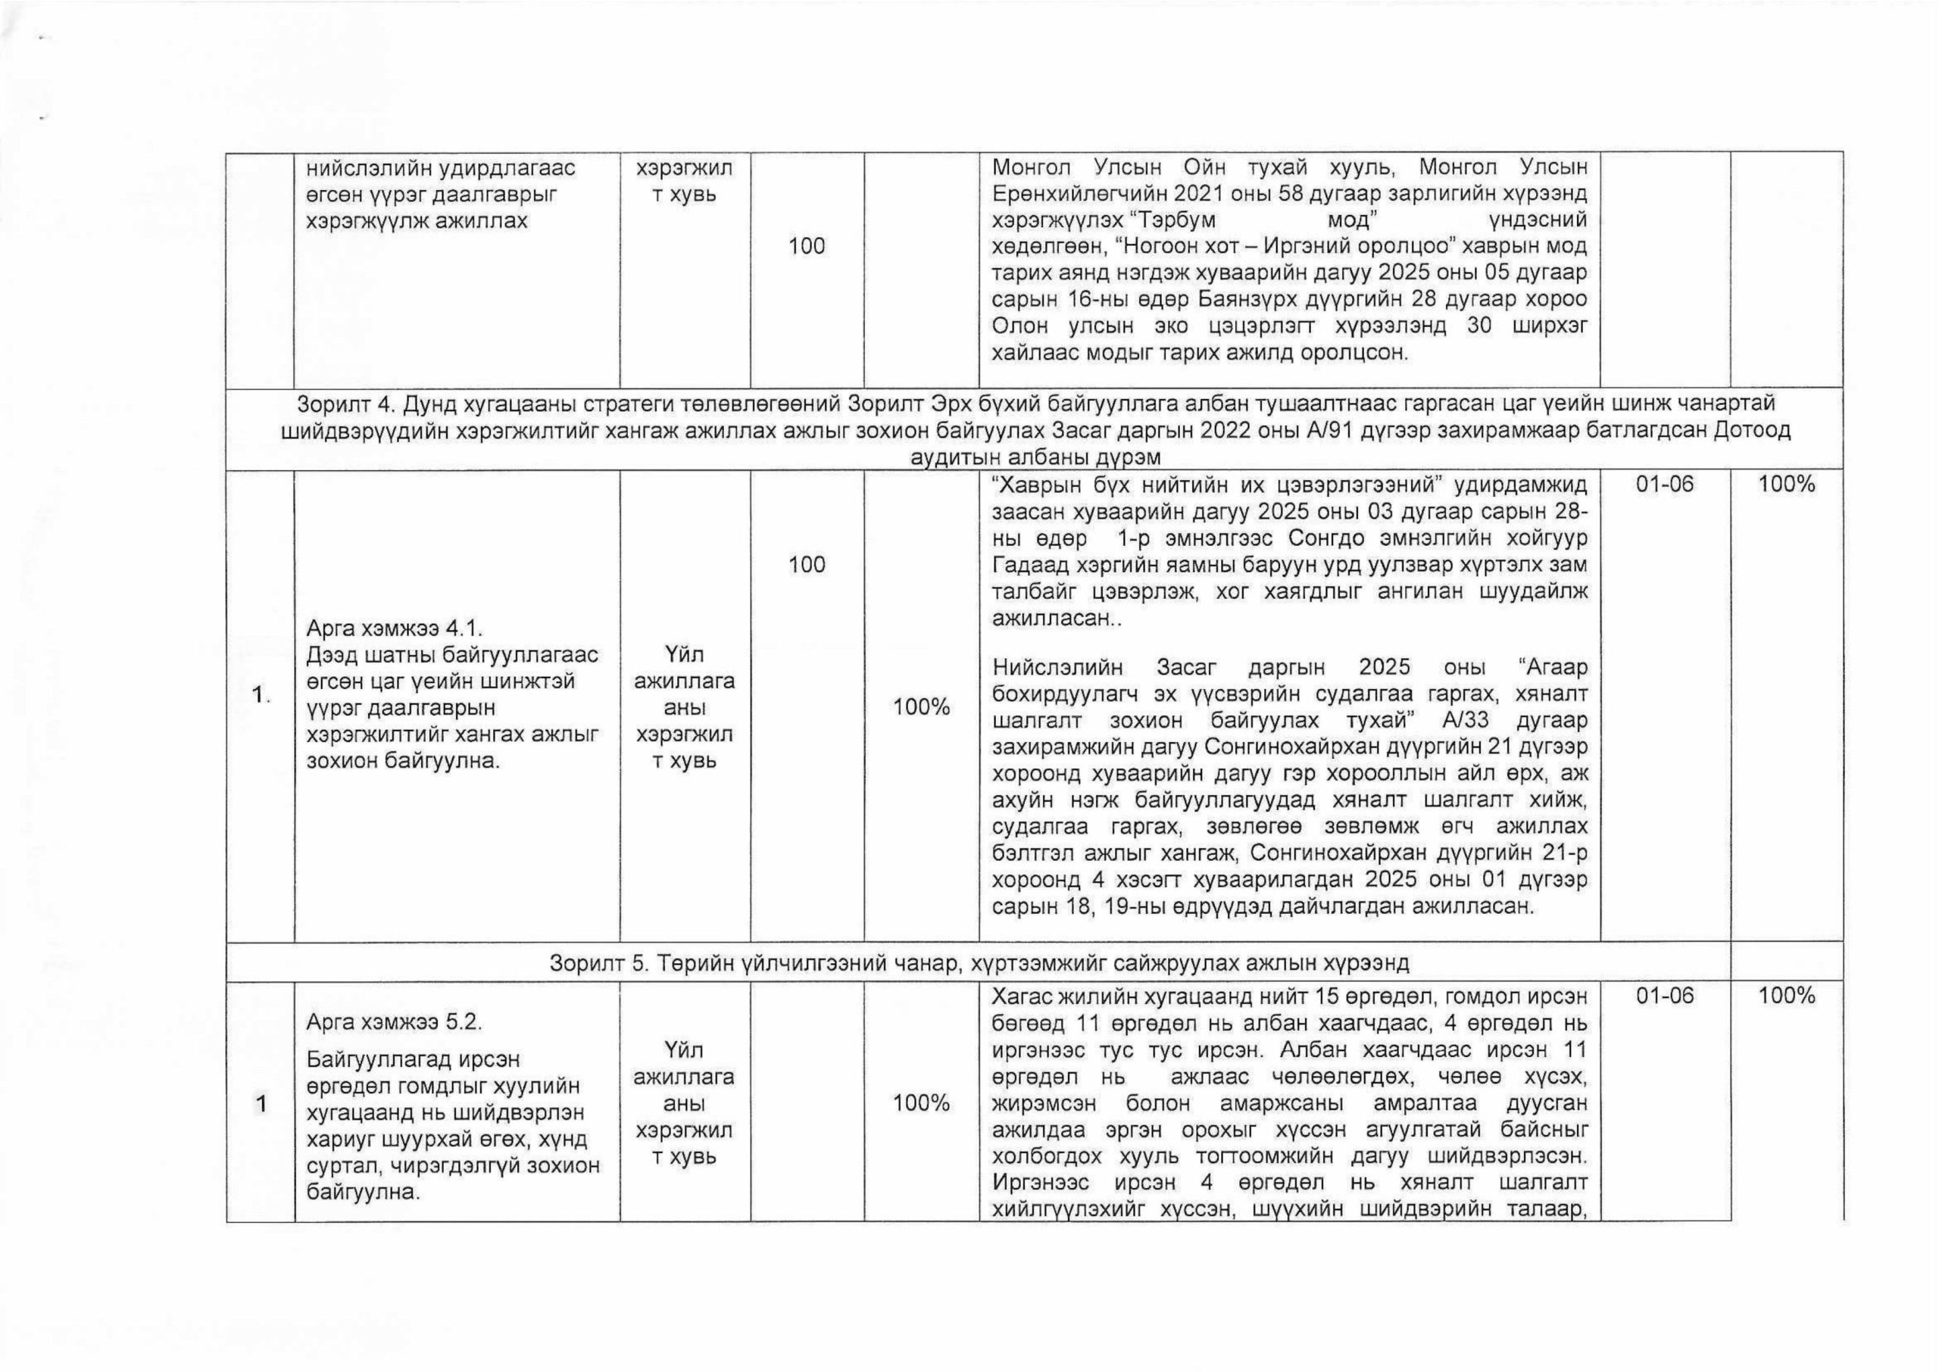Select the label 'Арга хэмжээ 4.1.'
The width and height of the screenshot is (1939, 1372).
point(394,628)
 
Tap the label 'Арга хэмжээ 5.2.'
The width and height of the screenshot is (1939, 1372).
point(394,1021)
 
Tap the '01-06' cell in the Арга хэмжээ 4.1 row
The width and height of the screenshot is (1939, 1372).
point(1664,485)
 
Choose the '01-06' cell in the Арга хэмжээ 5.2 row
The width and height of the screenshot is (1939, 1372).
point(1664,996)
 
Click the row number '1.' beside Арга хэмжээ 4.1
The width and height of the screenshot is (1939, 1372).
point(259,695)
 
